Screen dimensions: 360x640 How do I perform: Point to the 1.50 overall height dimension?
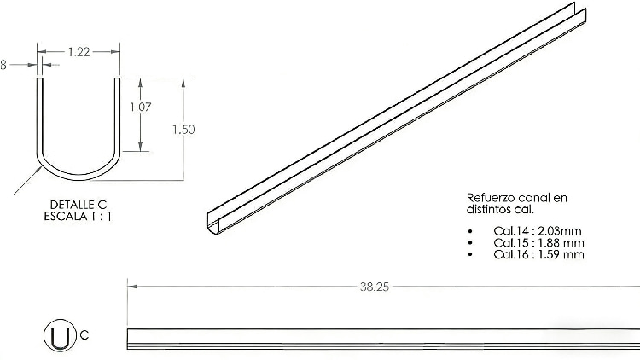pos(183,130)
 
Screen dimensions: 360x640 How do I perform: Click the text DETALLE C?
pos(78,206)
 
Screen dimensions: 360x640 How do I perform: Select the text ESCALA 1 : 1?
pos(78,217)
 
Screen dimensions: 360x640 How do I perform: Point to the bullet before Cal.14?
pos(470,232)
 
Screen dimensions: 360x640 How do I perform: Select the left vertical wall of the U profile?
pos(38,115)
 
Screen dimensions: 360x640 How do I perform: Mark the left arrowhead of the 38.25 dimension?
pos(131,287)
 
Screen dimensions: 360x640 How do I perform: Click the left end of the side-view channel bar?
pos(129,338)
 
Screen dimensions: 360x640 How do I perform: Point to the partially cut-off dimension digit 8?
pos(3,64)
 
